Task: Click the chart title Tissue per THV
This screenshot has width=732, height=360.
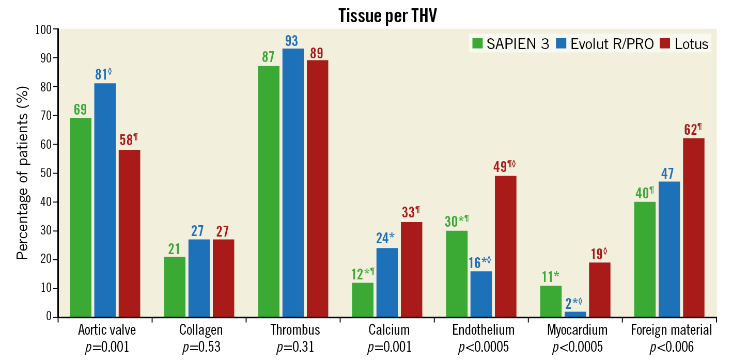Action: tap(388, 16)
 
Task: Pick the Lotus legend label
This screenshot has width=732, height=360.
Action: tap(692, 44)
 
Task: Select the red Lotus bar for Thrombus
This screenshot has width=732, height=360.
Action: tap(317, 189)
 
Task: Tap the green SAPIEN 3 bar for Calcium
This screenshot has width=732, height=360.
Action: tap(363, 300)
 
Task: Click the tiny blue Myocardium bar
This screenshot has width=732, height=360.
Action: tap(575, 314)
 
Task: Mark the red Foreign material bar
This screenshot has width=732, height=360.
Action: tap(693, 227)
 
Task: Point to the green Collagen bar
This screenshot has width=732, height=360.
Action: tap(175, 287)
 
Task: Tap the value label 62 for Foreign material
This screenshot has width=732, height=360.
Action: tap(690, 129)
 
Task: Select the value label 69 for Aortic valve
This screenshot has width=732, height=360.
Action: tap(80, 109)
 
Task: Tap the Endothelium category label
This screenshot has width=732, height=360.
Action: tap(484, 330)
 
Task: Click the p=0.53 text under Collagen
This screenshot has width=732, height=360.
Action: tap(201, 347)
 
